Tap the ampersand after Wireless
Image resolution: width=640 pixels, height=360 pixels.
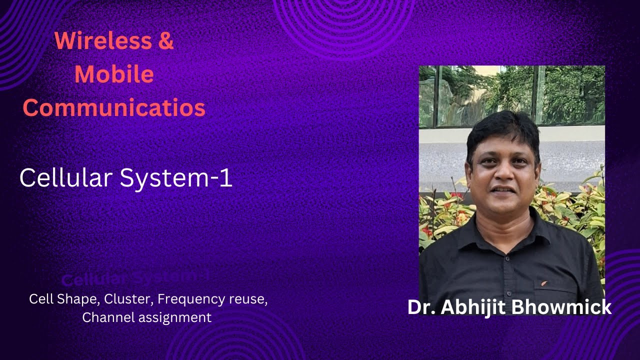click(165, 40)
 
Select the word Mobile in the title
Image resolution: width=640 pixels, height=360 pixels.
click(114, 74)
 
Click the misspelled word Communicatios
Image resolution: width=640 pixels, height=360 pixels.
click(114, 108)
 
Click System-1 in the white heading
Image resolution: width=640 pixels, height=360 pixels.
click(178, 178)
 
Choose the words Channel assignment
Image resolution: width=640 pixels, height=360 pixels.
click(146, 317)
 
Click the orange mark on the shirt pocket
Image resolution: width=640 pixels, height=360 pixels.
click(544, 283)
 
